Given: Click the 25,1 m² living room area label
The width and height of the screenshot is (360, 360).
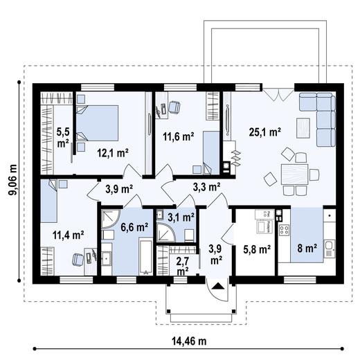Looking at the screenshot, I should [x=264, y=131].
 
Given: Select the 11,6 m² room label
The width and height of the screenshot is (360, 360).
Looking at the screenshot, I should [x=177, y=137].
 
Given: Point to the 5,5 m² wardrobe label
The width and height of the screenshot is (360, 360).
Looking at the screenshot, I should [x=63, y=136].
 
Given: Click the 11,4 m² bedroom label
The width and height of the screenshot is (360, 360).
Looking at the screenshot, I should [x=68, y=235].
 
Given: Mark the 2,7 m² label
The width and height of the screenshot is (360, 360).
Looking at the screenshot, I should [x=183, y=265].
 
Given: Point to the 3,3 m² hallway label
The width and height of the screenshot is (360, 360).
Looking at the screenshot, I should [x=206, y=186].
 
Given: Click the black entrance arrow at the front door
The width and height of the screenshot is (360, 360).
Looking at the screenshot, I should [x=218, y=285].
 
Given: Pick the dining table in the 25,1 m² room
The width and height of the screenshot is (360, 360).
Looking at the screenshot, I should [x=295, y=174].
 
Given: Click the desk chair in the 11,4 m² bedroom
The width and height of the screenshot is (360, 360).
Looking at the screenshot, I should [x=78, y=259].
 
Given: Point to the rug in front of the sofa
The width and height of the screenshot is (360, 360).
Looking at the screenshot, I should [x=303, y=127].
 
